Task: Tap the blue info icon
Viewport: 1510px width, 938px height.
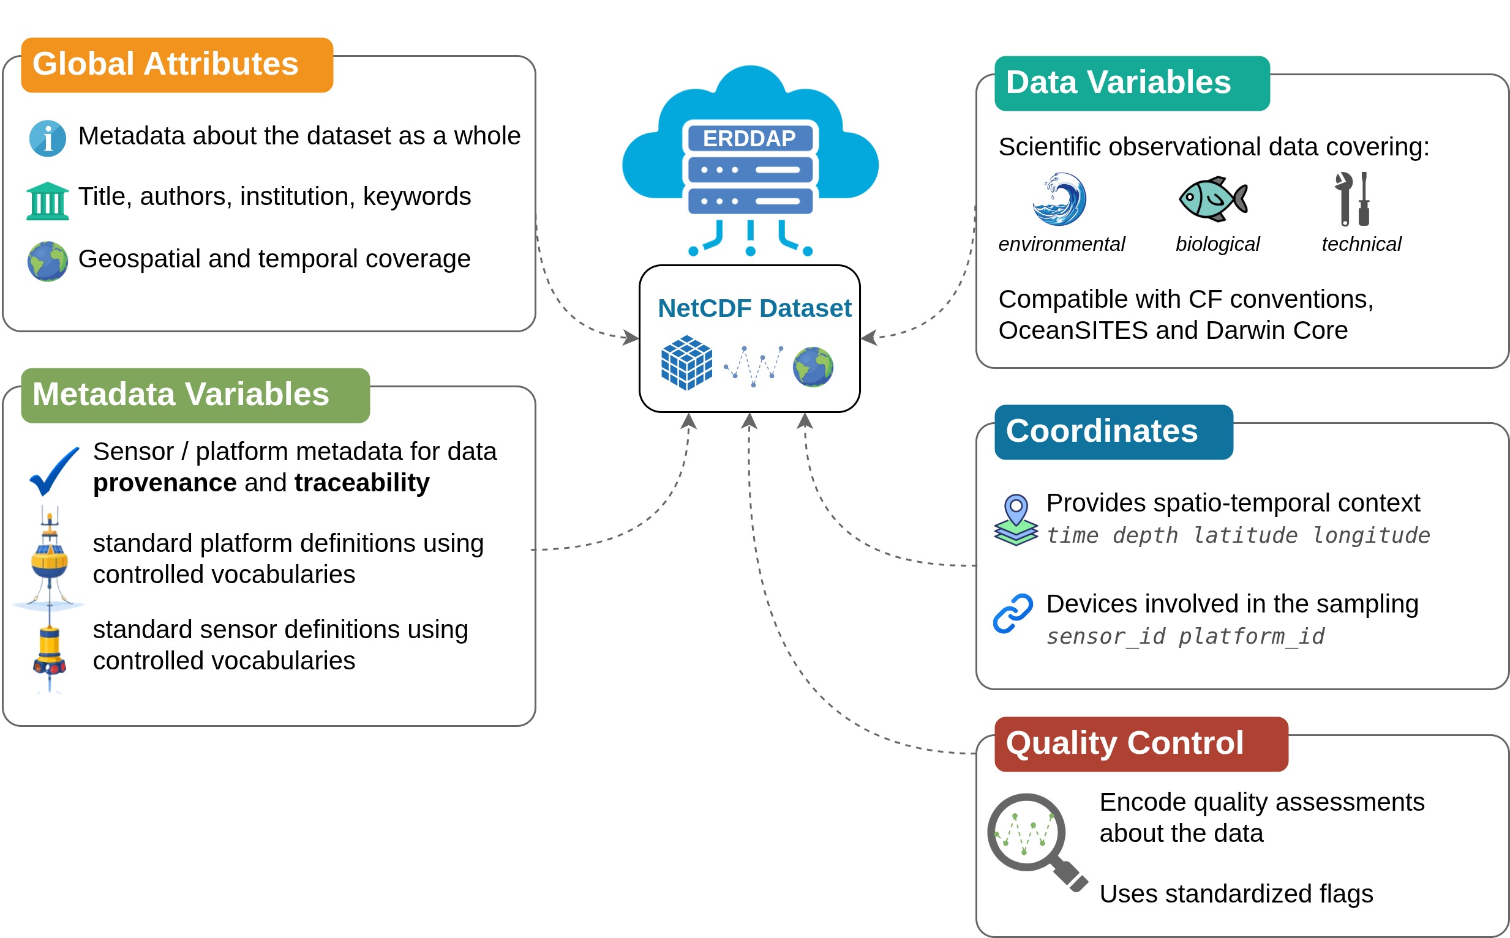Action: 48,138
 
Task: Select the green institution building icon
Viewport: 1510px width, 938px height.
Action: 48,201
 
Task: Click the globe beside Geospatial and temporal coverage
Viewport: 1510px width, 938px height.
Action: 48,261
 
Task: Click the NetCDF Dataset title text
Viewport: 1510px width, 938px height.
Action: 754,308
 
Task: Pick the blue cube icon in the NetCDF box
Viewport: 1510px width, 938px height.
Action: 686,362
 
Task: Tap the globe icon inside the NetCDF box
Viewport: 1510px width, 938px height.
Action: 813,367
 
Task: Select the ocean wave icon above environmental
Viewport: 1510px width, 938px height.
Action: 1059,198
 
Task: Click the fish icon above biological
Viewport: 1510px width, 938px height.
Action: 1213,198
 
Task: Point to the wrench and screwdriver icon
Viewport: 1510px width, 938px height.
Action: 1353,198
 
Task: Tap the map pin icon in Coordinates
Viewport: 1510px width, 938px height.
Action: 1015,520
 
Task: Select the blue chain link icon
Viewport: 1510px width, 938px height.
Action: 1013,613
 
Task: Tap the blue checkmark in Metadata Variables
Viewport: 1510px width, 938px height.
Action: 54,471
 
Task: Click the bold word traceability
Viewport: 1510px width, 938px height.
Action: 362,483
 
